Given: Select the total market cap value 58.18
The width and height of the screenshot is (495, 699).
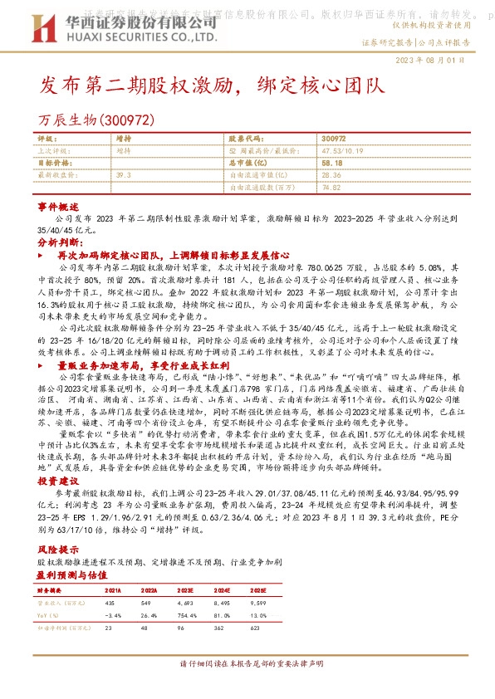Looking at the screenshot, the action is point(331,164).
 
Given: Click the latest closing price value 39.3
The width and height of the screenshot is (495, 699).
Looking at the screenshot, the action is point(124,175).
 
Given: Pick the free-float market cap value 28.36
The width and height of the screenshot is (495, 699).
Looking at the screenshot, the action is point(331,175).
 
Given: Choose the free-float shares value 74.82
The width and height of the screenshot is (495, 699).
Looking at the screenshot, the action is point(331,187).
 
